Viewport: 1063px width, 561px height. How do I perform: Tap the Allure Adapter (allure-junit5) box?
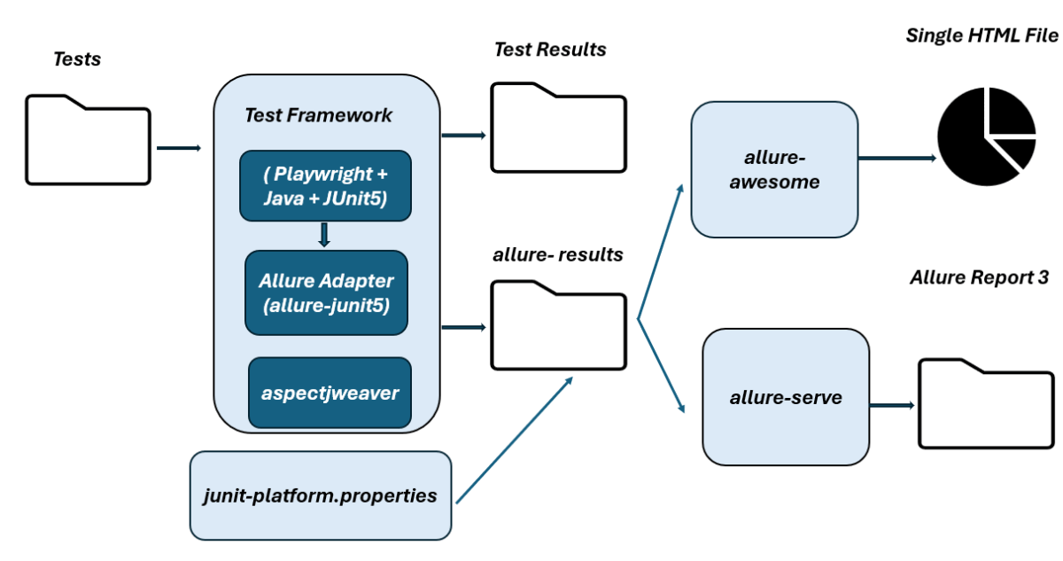click(326, 292)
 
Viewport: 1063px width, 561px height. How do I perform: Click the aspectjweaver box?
click(330, 392)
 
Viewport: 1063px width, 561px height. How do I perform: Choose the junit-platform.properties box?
click(321, 495)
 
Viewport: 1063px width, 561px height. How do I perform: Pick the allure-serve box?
click(785, 399)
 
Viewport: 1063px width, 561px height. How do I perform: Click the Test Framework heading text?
click(318, 115)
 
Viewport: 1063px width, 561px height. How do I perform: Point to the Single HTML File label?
click(982, 35)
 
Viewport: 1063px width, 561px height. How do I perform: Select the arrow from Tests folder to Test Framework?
click(179, 147)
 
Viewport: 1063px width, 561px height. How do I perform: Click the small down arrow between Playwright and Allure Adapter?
click(323, 235)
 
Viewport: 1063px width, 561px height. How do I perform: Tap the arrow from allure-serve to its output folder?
click(892, 405)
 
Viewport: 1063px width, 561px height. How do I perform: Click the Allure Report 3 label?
click(979, 277)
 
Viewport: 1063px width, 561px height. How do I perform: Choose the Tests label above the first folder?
click(77, 59)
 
